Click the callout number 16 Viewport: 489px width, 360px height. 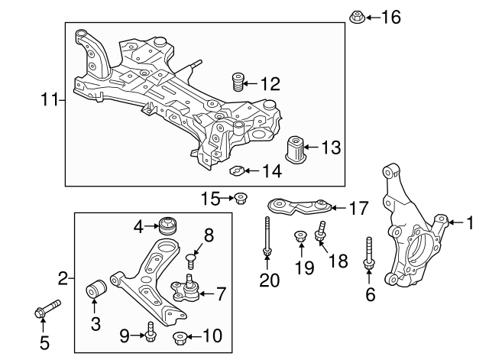click(x=390, y=17)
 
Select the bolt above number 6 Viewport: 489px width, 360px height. click(x=369, y=253)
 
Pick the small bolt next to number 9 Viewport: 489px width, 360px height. click(x=151, y=332)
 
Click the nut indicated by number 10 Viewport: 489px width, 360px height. click(x=182, y=336)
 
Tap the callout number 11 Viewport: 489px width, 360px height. click(x=49, y=99)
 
